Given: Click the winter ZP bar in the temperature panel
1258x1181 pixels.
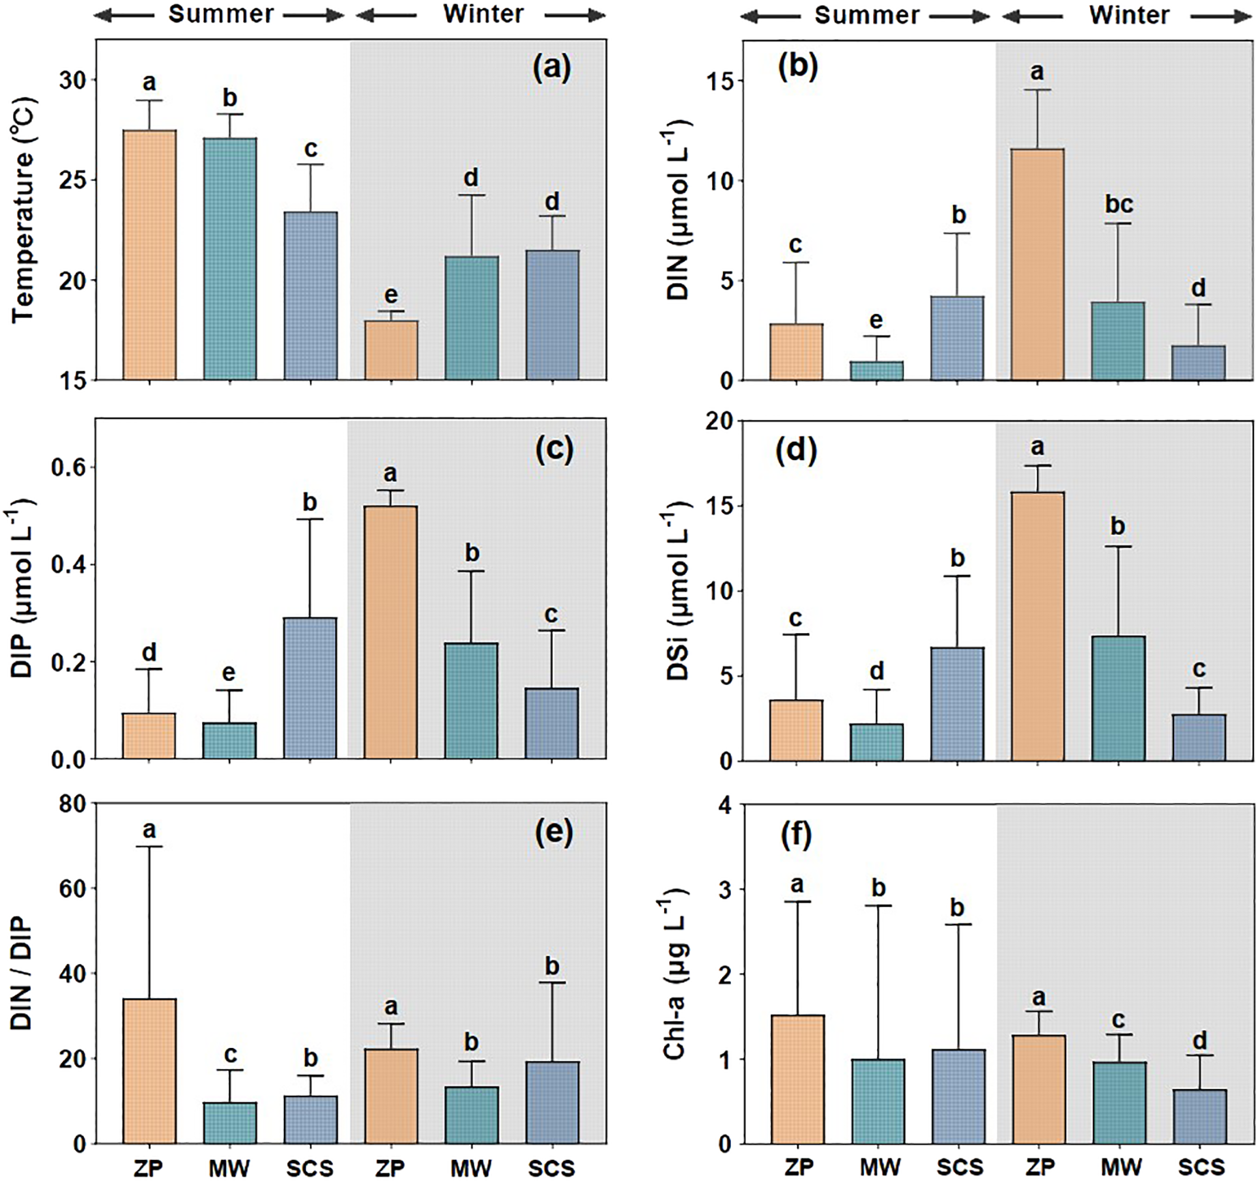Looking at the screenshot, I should [390, 351].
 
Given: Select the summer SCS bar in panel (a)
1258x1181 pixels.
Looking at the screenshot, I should [311, 296].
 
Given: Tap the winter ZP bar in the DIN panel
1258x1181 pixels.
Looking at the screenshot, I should [1037, 265].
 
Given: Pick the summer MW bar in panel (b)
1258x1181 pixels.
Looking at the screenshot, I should [876, 371].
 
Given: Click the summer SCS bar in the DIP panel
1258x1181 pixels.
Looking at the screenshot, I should [310, 688].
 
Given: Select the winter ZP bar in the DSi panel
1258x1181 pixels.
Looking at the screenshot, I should [1037, 626].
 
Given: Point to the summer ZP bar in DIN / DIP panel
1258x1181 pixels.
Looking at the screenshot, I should [149, 1070].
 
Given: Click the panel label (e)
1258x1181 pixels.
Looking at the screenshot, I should [554, 833].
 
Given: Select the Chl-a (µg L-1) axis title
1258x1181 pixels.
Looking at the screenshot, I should [674, 974].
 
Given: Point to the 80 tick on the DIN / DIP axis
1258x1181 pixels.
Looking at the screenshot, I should [71, 804].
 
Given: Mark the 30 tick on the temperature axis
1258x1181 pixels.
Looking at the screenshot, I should [72, 81].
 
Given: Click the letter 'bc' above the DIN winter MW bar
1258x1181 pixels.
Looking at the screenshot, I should [1118, 204].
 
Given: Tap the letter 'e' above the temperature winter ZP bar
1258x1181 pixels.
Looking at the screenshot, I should [390, 295].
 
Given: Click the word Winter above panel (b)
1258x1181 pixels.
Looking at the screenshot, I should [1129, 15].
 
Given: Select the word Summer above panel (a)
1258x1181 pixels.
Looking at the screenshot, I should [221, 14].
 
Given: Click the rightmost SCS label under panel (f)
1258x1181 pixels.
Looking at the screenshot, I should [1201, 1167].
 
